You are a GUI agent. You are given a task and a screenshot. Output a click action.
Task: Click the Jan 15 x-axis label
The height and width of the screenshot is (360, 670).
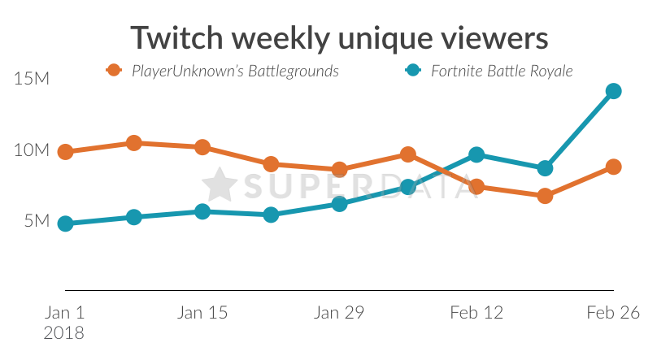(202, 313)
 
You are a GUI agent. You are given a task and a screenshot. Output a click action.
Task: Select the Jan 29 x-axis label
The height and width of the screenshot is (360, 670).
(340, 313)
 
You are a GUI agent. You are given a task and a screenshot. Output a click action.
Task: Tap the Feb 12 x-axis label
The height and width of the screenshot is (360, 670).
(476, 313)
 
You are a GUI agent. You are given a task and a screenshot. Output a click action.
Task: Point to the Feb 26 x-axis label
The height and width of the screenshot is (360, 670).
(613, 313)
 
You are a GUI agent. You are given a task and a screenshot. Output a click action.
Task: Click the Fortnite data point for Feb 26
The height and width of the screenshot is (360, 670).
(614, 91)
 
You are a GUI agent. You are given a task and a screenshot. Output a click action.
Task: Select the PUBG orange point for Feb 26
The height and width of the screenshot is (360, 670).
(614, 167)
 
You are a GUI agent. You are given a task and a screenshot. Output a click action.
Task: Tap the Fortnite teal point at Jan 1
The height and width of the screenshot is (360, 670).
(66, 223)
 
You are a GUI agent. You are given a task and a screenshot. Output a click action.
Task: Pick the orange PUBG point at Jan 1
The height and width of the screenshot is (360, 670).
(66, 152)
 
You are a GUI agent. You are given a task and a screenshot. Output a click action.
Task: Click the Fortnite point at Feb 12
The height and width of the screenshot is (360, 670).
(477, 154)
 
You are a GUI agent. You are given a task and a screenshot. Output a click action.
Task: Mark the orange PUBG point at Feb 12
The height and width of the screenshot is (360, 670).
(477, 187)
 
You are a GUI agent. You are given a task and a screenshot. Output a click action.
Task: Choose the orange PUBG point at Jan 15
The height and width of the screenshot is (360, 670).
(202, 147)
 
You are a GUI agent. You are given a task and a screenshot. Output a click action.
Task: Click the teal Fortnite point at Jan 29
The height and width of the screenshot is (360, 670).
(340, 203)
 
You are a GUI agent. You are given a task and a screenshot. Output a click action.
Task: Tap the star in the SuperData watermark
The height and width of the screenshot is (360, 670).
(219, 185)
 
